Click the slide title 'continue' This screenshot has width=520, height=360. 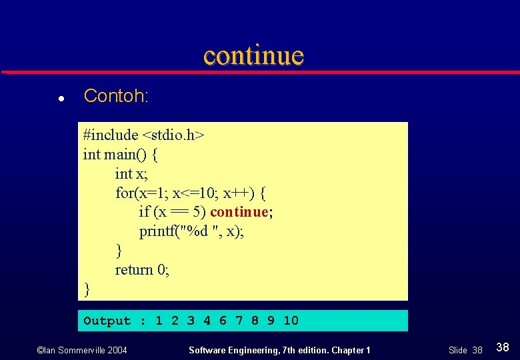point(253,55)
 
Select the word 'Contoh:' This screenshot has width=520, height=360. point(115,96)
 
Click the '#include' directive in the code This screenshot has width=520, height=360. point(110,135)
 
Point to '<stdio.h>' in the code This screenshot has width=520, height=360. point(173,135)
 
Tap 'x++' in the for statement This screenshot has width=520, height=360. point(237,193)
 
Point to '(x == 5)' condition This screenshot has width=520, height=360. point(179,213)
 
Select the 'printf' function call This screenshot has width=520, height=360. point(157,232)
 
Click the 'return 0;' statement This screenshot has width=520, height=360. point(142,270)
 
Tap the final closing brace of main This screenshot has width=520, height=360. point(87,289)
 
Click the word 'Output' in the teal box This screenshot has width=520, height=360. point(107,321)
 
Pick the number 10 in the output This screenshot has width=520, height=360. point(291,321)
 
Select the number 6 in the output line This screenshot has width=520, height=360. point(223,321)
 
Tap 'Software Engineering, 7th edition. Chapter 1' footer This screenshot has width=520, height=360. point(279,350)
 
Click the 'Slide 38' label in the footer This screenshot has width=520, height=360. point(465,350)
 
